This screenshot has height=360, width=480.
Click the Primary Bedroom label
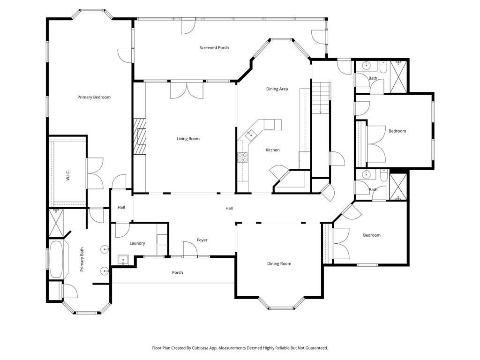[x=94, y=97]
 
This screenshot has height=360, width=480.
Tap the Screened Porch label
[x=214, y=48]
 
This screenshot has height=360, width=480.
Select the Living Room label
[x=188, y=139]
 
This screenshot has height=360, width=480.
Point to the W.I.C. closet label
[x=68, y=175]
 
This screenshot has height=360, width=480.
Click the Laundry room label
[x=137, y=243]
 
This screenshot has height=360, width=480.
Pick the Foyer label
[x=202, y=240]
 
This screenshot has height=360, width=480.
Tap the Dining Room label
[x=279, y=263]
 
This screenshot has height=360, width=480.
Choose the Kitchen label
[x=272, y=150]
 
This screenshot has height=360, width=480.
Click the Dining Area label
[x=277, y=89]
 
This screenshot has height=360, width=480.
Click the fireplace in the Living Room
[x=140, y=136]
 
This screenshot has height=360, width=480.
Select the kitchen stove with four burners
[x=243, y=157]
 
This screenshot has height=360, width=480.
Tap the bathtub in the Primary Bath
[x=56, y=260]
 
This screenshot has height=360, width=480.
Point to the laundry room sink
[x=123, y=260]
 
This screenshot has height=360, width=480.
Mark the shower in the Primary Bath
[x=56, y=223]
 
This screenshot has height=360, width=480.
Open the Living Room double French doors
[x=187, y=90]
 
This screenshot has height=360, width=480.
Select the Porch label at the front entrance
[x=178, y=272]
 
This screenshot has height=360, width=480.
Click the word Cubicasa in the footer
[x=202, y=348]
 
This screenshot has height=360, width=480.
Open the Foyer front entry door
[x=190, y=248]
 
